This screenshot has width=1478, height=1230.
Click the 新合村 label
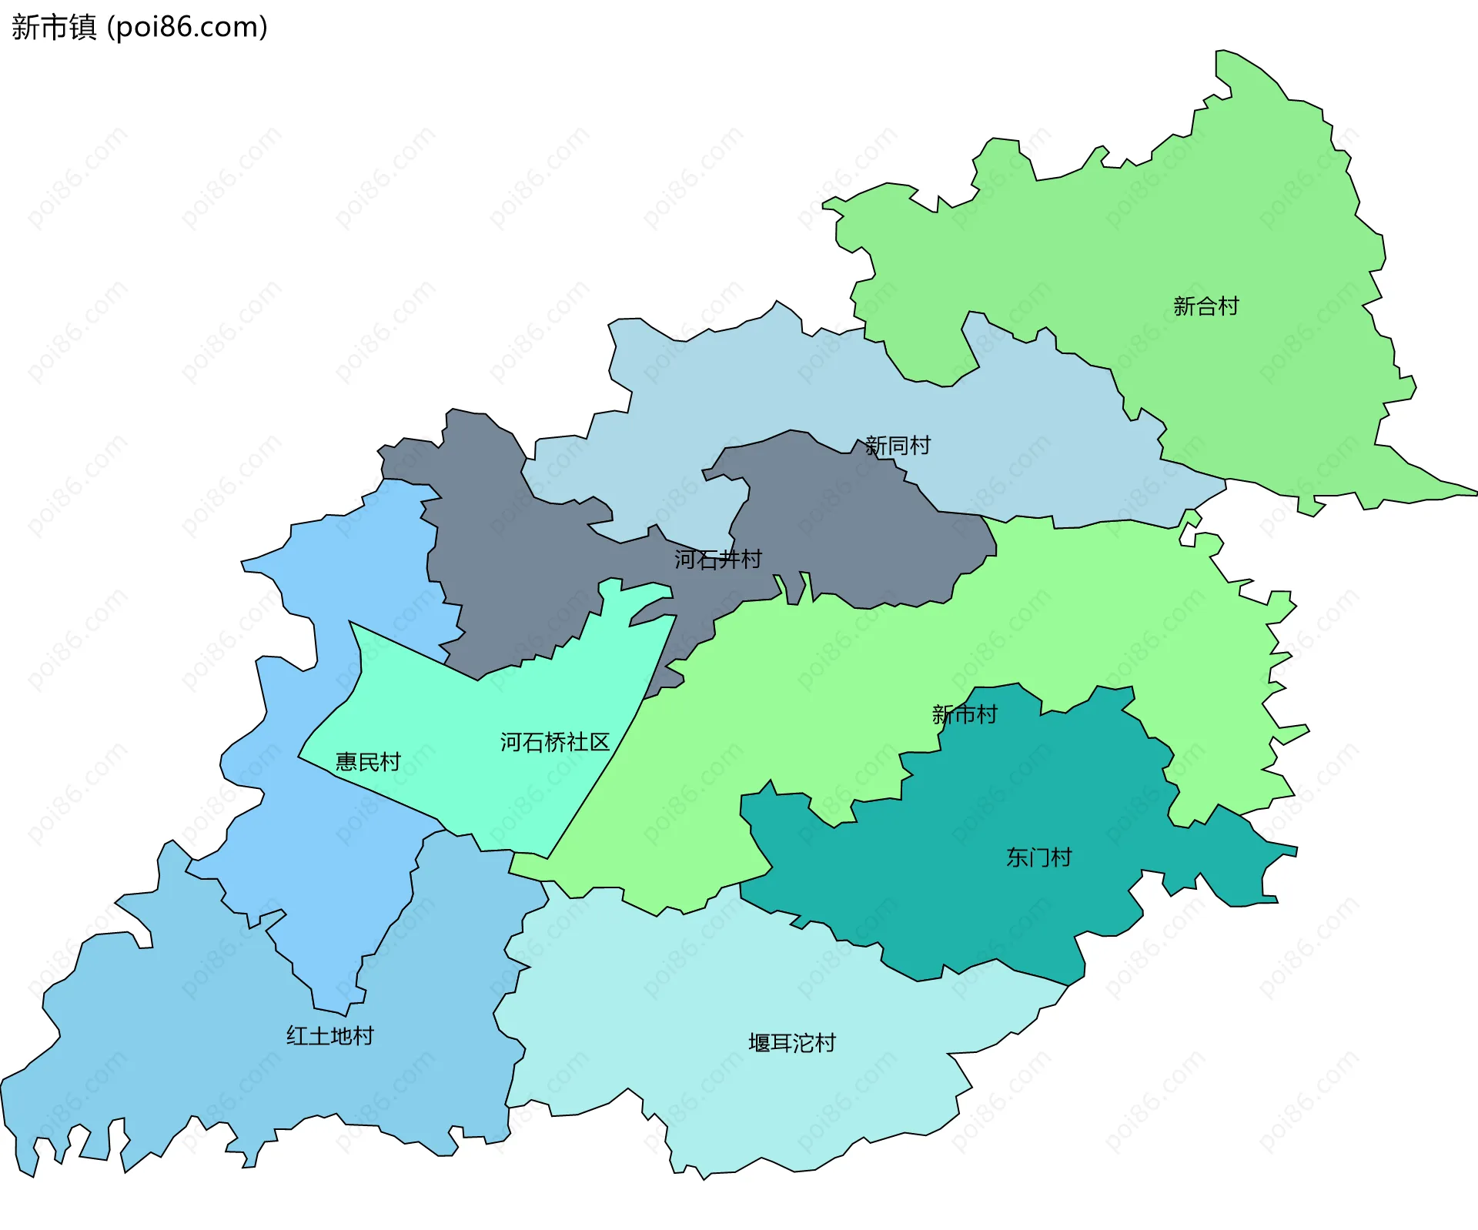(x=1205, y=306)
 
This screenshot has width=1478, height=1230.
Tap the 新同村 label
(x=898, y=446)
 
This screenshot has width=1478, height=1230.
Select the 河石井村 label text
(x=717, y=559)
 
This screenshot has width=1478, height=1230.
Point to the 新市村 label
(x=964, y=714)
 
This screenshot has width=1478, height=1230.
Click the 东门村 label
(x=1038, y=857)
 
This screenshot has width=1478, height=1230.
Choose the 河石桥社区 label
(x=554, y=742)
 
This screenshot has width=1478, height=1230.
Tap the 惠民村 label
(x=368, y=762)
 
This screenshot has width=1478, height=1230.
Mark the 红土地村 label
(x=329, y=1036)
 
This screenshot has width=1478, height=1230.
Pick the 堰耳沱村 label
(x=791, y=1043)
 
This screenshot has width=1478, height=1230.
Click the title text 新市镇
(x=54, y=27)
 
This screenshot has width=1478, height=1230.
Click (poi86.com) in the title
(x=187, y=27)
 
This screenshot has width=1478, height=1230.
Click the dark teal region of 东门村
(x=1001, y=908)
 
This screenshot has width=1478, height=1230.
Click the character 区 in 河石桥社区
(x=599, y=742)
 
